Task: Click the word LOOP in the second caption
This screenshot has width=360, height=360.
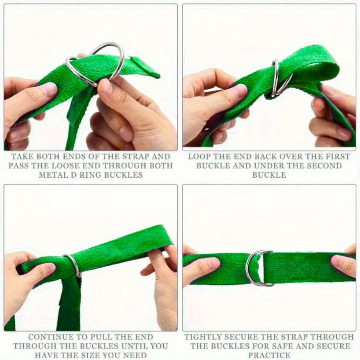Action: click(x=199, y=157)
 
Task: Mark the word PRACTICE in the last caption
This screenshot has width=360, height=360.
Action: click(x=269, y=355)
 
